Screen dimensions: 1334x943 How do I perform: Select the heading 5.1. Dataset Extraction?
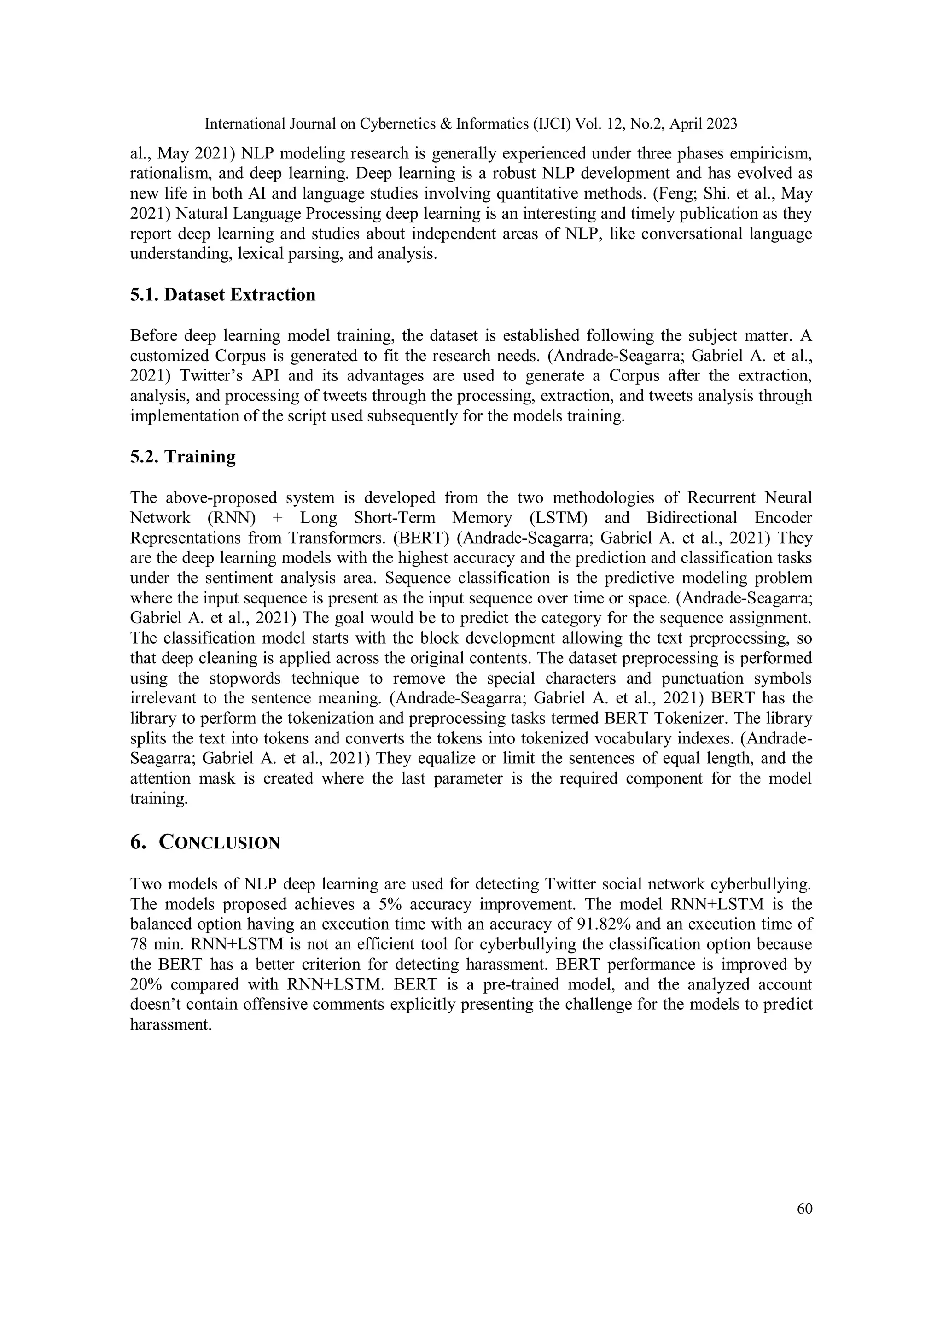[222, 294]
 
